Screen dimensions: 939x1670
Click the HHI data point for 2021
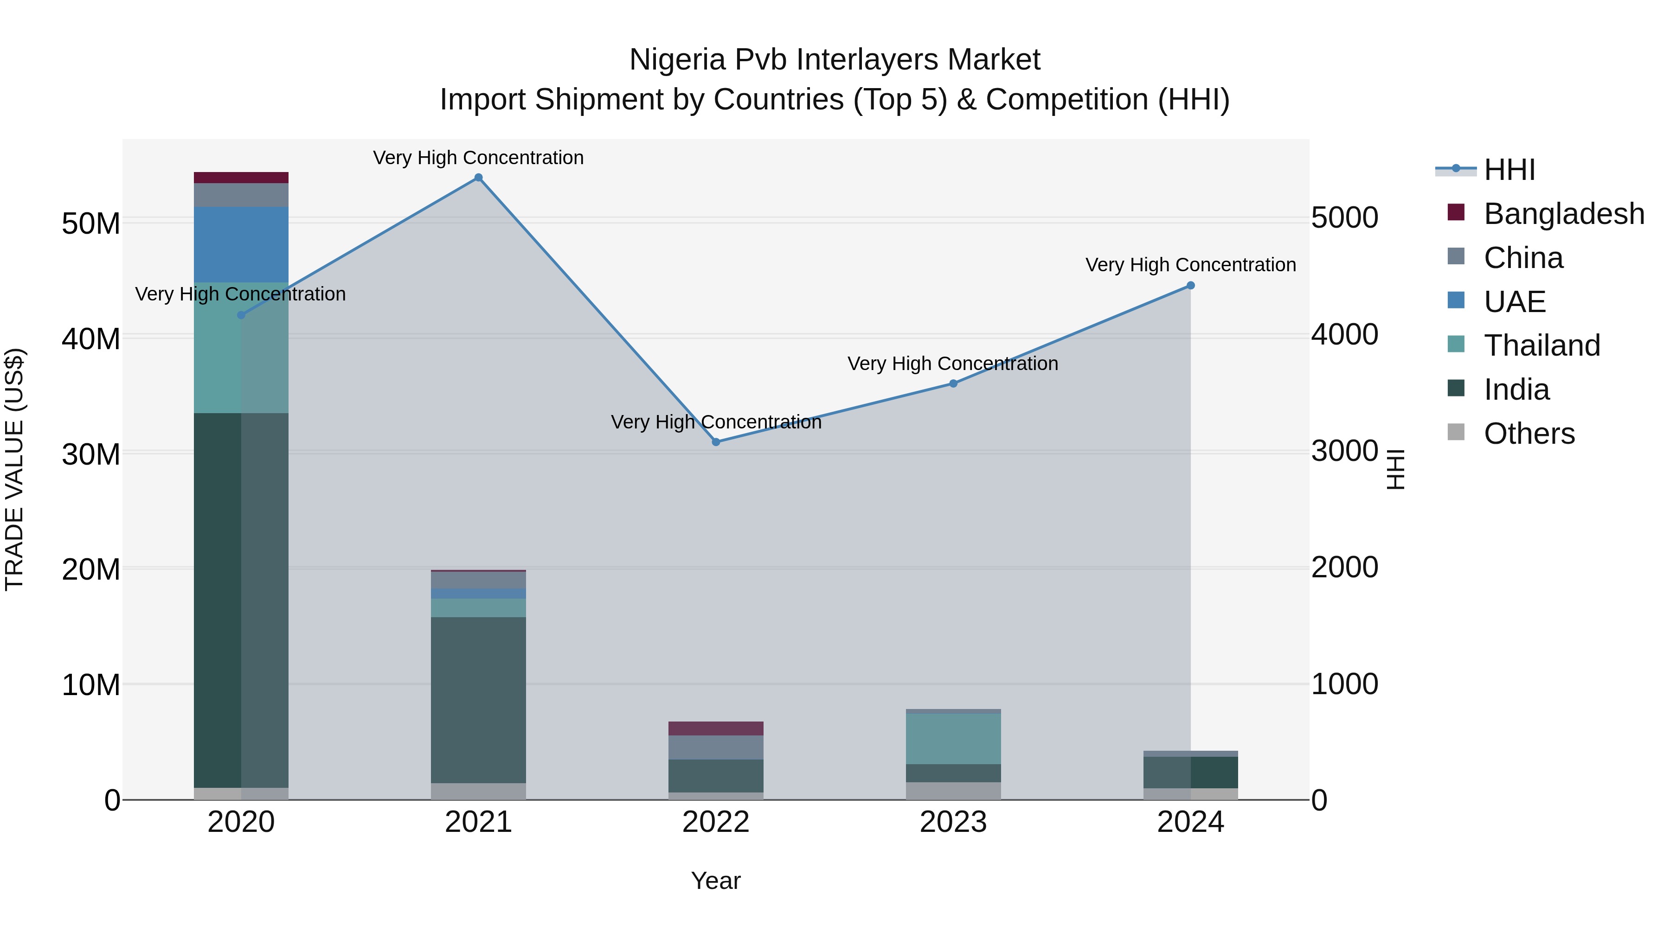pos(478,178)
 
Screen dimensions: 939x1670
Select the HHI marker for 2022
pos(716,442)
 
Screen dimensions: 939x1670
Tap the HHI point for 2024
pos(1190,286)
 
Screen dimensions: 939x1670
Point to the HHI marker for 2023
pos(953,383)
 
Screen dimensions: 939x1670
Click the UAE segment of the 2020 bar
pos(241,244)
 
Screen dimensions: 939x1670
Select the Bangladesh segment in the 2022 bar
pos(716,728)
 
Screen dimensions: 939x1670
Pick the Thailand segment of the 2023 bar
pos(953,739)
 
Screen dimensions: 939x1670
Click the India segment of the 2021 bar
pos(478,700)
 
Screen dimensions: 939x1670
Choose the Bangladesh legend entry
pos(1564,214)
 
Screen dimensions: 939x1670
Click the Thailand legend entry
pos(1542,345)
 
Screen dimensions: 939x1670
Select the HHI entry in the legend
pos(1509,170)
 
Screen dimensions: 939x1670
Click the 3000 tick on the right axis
pos(1344,451)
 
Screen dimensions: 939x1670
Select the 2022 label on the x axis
pos(716,822)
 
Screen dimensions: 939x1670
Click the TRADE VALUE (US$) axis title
pos(14,469)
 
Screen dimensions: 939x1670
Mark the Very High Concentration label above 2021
pos(478,158)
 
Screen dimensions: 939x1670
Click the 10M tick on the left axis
pos(91,685)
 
